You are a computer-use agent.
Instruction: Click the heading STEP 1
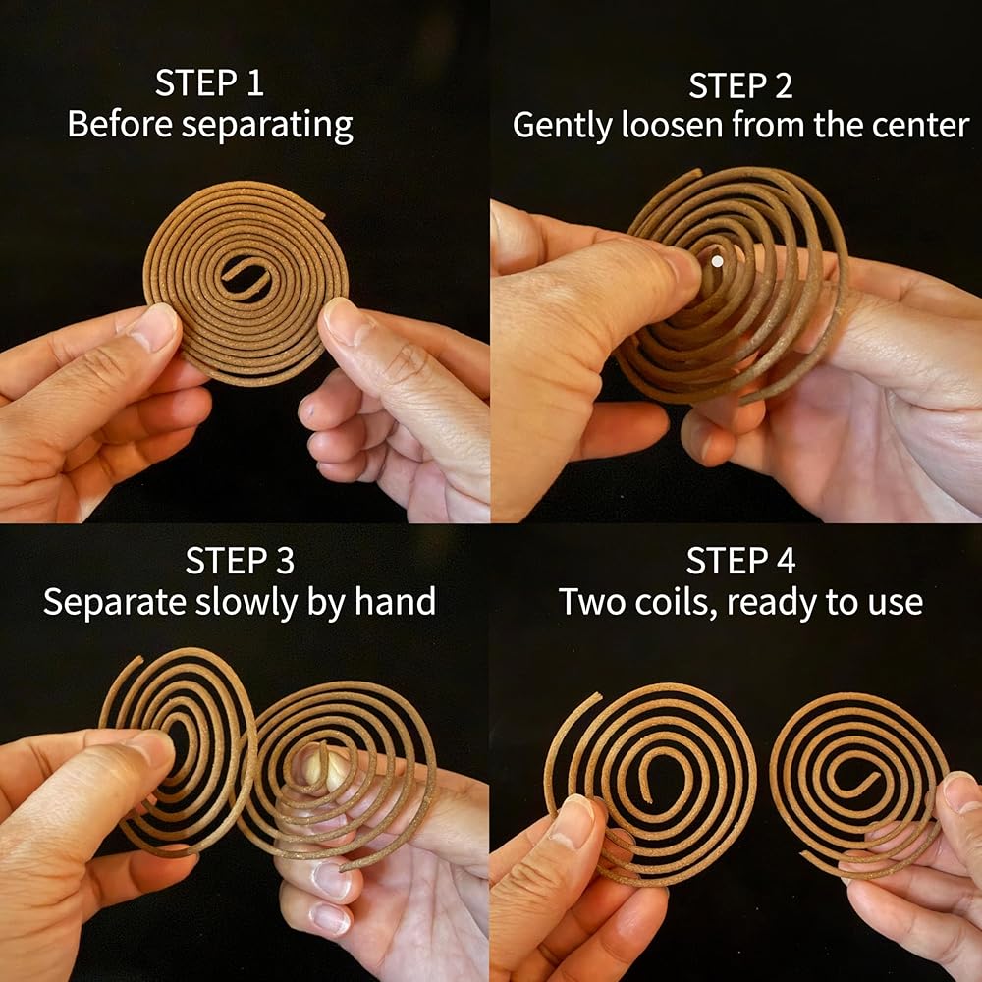coord(209,82)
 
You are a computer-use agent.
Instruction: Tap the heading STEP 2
coord(740,85)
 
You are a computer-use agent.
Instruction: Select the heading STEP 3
coord(240,560)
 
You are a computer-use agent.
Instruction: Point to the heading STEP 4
coord(740,560)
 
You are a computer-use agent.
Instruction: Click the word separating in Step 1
coord(267,126)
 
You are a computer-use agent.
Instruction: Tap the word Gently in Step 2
coord(562,126)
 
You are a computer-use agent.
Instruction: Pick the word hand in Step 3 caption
coord(395,602)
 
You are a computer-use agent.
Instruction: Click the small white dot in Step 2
coord(717,261)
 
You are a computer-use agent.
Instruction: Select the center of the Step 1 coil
coord(246,281)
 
